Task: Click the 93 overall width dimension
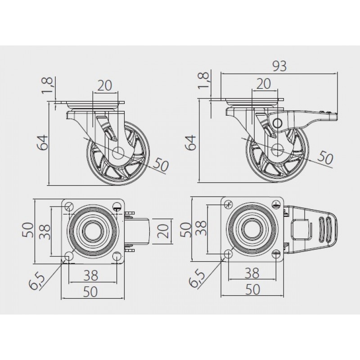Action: pyautogui.click(x=279, y=66)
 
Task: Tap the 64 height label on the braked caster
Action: pyautogui.click(x=191, y=143)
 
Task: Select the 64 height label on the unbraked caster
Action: pyautogui.click(x=42, y=143)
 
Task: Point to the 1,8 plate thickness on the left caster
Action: pyautogui.click(x=47, y=85)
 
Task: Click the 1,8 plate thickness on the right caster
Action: pyautogui.click(x=204, y=81)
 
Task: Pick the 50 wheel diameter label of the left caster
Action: pyautogui.click(x=161, y=164)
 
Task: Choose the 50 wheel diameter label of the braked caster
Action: pyautogui.click(x=325, y=157)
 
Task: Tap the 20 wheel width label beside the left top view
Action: pyautogui.click(x=163, y=231)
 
